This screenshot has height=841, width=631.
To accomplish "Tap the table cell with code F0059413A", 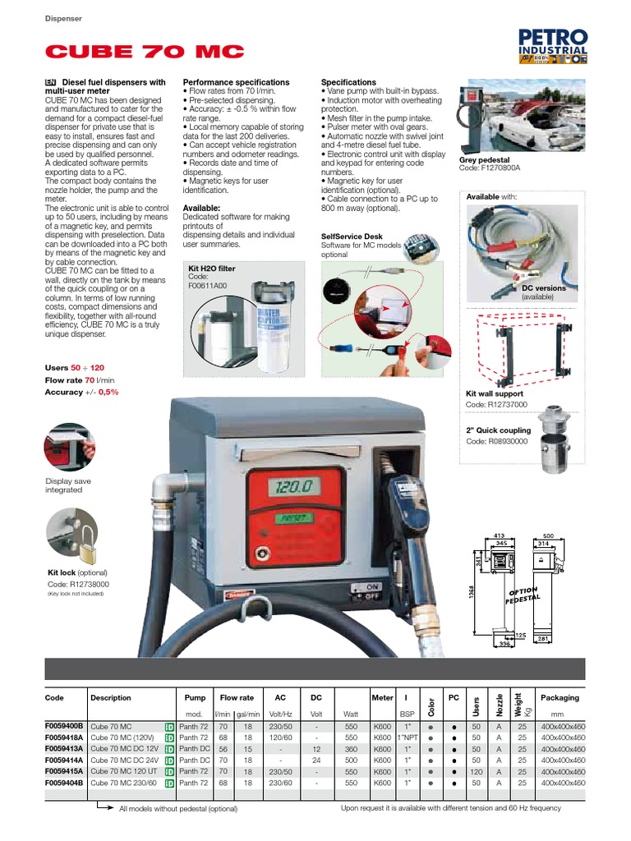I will (65, 749).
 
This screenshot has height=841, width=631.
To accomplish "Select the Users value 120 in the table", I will (476, 772).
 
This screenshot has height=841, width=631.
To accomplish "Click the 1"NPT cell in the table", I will (407, 738).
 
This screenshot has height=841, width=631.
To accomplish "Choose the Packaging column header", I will (560, 697).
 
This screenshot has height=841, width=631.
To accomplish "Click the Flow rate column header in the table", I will (237, 697).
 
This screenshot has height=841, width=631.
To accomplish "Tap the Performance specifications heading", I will (236, 82).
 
